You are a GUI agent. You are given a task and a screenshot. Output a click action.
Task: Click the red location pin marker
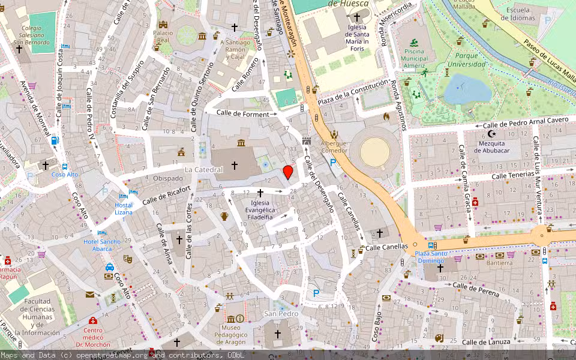288,172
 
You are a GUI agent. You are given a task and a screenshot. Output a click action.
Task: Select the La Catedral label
203,170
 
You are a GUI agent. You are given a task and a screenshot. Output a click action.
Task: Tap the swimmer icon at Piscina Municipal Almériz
413,43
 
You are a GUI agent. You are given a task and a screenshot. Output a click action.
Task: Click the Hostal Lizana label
123,209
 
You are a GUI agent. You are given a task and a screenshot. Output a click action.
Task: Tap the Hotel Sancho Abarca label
101,245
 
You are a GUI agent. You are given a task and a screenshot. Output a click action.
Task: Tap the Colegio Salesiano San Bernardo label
32,34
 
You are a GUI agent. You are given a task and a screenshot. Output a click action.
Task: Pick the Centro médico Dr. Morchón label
93,337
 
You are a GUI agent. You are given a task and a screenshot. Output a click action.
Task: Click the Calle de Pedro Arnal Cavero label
525,122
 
